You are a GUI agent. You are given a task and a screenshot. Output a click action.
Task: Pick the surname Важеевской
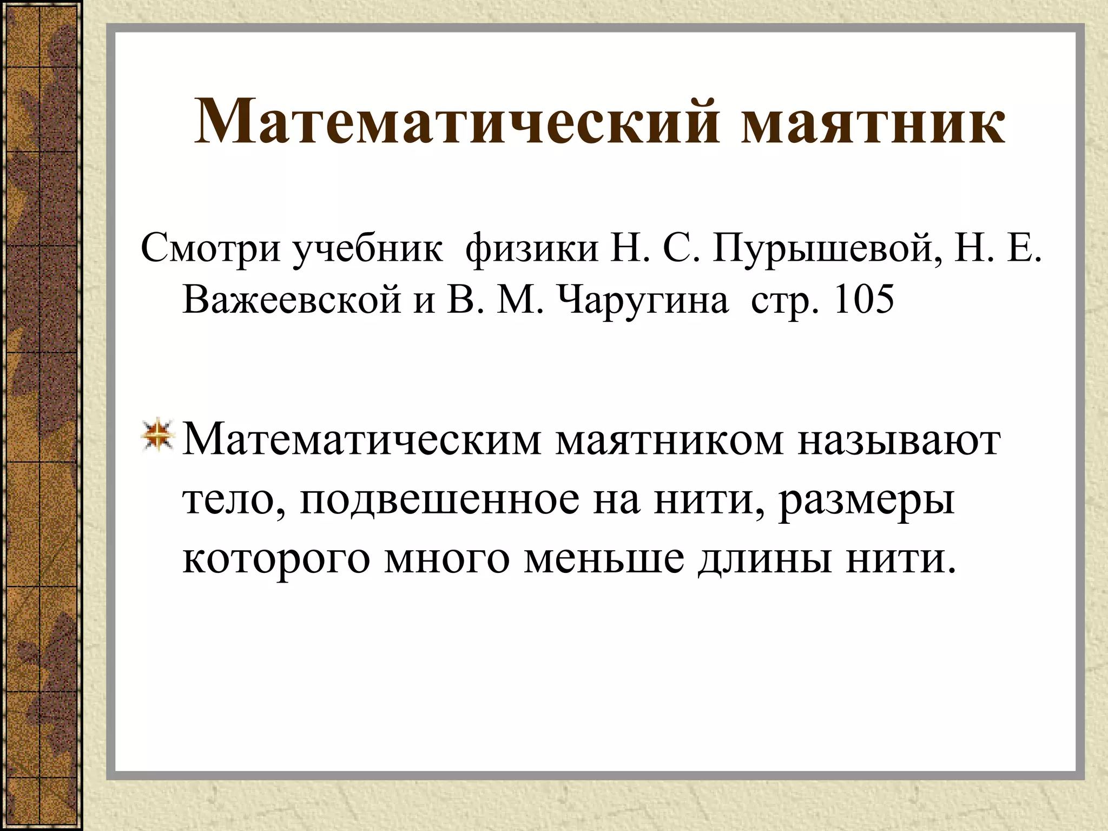pyautogui.click(x=292, y=300)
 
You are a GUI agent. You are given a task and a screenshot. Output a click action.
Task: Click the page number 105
pyautogui.click(x=864, y=299)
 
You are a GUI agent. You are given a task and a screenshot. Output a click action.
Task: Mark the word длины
pyautogui.click(x=764, y=559)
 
